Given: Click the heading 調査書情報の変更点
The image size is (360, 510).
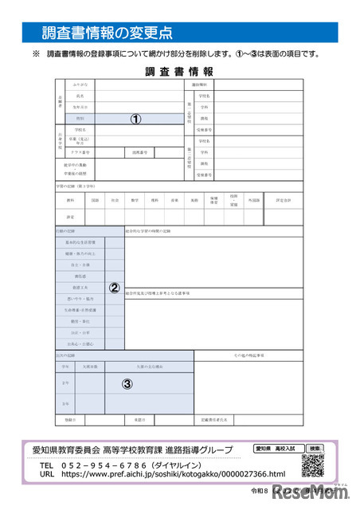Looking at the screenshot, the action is click(x=106, y=33).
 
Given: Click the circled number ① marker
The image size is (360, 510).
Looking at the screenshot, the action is click(x=135, y=118).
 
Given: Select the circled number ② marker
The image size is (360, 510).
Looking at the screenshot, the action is click(x=114, y=288).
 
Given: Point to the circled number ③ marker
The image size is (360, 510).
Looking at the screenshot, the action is click(x=127, y=382).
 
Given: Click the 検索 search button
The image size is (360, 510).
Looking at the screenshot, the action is click(x=315, y=448).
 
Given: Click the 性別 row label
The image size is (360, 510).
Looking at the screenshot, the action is click(x=80, y=118).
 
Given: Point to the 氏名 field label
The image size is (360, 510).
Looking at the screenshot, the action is click(x=80, y=95).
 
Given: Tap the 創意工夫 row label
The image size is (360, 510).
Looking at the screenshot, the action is click(x=80, y=288).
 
